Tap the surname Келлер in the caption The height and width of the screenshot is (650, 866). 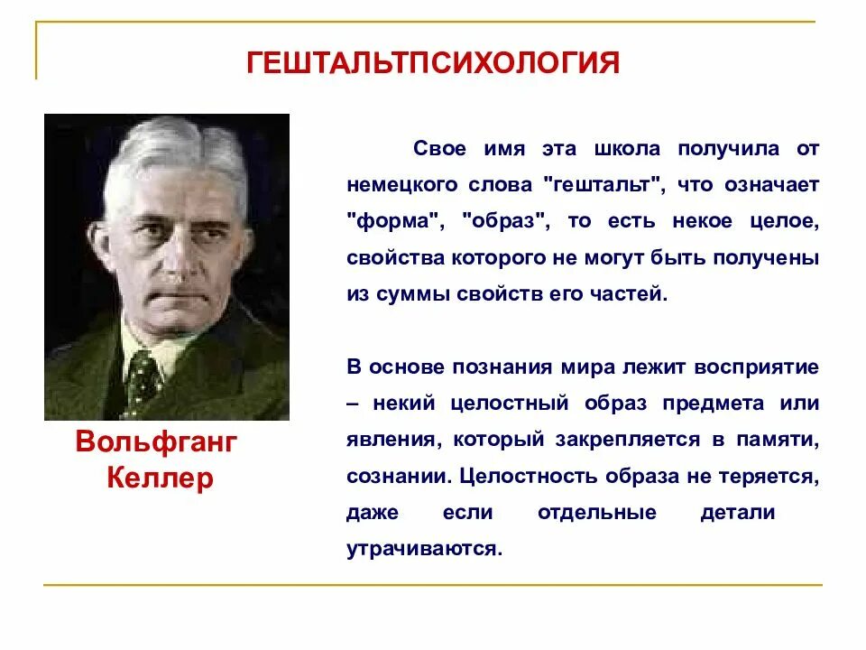click(160, 478)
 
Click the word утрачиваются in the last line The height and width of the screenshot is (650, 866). click(422, 549)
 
